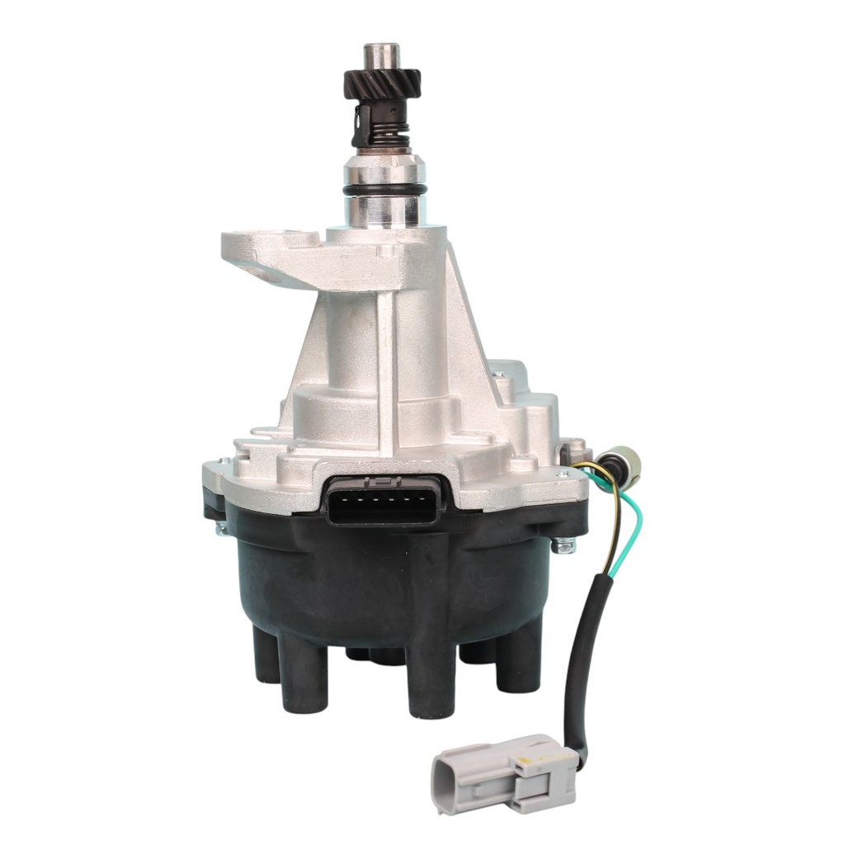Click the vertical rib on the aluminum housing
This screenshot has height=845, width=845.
[x=386, y=363]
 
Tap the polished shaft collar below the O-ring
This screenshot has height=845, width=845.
[x=385, y=212]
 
